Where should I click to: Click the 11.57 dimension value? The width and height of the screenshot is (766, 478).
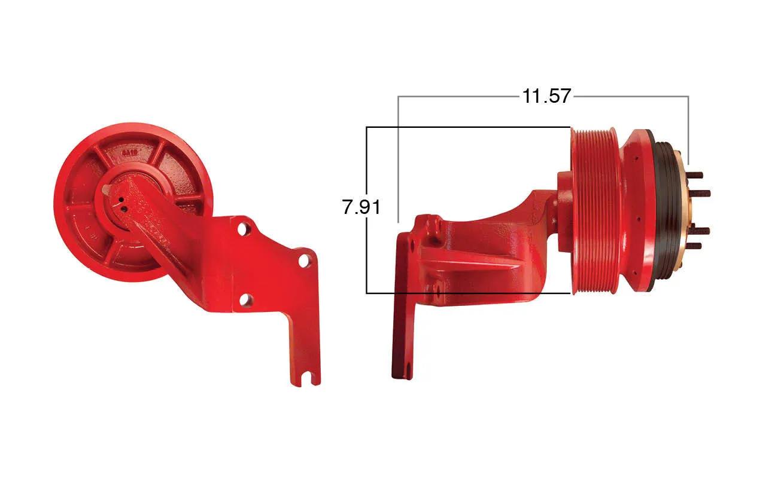click(x=546, y=96)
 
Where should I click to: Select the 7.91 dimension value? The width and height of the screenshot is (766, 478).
click(x=361, y=207)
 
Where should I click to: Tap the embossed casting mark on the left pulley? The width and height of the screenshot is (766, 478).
click(x=129, y=153)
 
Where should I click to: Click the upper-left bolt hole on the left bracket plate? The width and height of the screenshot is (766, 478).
click(x=242, y=229)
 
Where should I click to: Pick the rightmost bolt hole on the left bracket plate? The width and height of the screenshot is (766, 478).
click(x=303, y=261)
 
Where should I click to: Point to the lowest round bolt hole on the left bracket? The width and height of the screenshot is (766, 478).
click(x=245, y=300)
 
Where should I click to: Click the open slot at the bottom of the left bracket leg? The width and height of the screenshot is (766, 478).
click(x=308, y=379)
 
